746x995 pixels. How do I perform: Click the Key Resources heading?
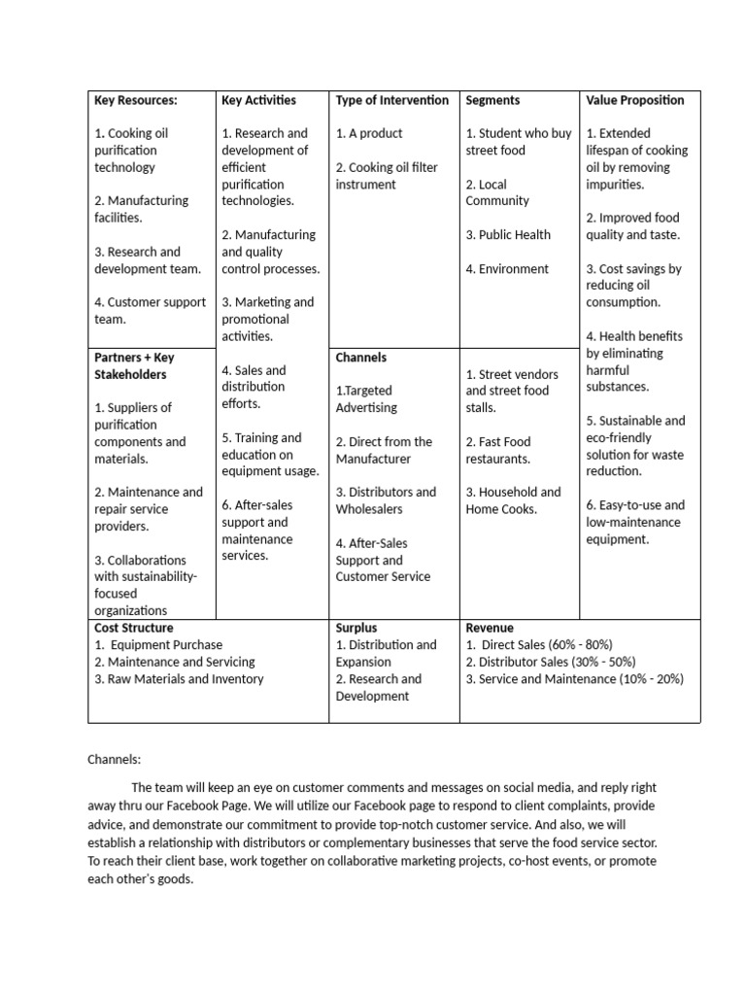click(135, 100)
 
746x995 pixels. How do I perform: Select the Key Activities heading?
click(258, 100)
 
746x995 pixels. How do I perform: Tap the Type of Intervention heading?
click(392, 100)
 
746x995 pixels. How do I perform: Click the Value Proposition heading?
click(635, 100)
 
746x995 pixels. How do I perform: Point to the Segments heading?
click(492, 100)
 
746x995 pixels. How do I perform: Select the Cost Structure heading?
click(133, 628)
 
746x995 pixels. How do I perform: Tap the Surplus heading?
click(356, 628)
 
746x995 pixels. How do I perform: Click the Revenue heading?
click(490, 628)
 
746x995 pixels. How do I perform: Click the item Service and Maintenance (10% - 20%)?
click(575, 679)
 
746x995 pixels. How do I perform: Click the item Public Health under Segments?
click(508, 235)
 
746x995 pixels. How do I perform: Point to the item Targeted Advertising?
click(366, 399)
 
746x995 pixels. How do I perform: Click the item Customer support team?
click(150, 311)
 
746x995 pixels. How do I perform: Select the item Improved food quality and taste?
click(632, 226)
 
